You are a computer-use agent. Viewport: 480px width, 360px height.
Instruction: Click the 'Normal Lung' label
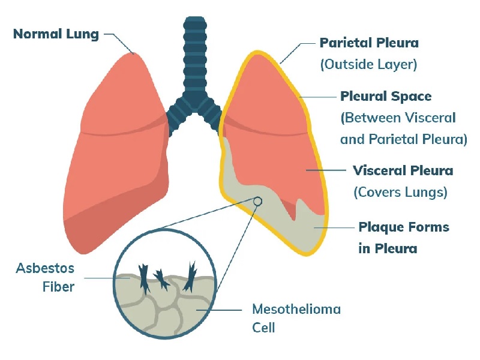click(x=56, y=34)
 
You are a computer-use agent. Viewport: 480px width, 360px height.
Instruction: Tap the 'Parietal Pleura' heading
click(x=369, y=43)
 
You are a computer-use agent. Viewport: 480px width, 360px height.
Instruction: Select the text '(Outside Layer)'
click(x=368, y=64)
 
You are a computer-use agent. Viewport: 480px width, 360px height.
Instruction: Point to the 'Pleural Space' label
click(x=386, y=97)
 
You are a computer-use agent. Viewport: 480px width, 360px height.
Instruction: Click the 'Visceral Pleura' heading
click(x=403, y=170)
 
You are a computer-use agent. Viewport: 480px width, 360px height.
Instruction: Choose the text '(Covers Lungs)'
click(x=400, y=192)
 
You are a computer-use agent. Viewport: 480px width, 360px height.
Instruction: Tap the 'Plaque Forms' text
click(x=404, y=227)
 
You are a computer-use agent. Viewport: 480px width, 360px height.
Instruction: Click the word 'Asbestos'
click(x=45, y=268)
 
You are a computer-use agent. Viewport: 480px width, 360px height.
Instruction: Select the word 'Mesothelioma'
click(x=296, y=309)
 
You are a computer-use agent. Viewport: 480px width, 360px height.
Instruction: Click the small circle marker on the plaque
click(x=258, y=201)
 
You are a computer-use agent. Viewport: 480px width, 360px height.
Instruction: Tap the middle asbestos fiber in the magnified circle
click(x=161, y=280)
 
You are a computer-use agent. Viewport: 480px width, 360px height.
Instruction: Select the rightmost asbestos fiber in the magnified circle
click(x=190, y=277)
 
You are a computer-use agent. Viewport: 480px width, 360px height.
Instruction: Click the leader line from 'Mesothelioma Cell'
click(x=219, y=310)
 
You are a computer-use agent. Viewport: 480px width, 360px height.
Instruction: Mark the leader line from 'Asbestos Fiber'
click(x=107, y=278)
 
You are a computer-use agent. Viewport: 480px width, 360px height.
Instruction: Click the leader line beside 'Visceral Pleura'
click(x=326, y=170)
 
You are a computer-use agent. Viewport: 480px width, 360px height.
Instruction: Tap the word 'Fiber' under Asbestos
click(x=58, y=287)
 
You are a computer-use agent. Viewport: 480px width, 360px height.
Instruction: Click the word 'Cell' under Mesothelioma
click(x=263, y=328)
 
